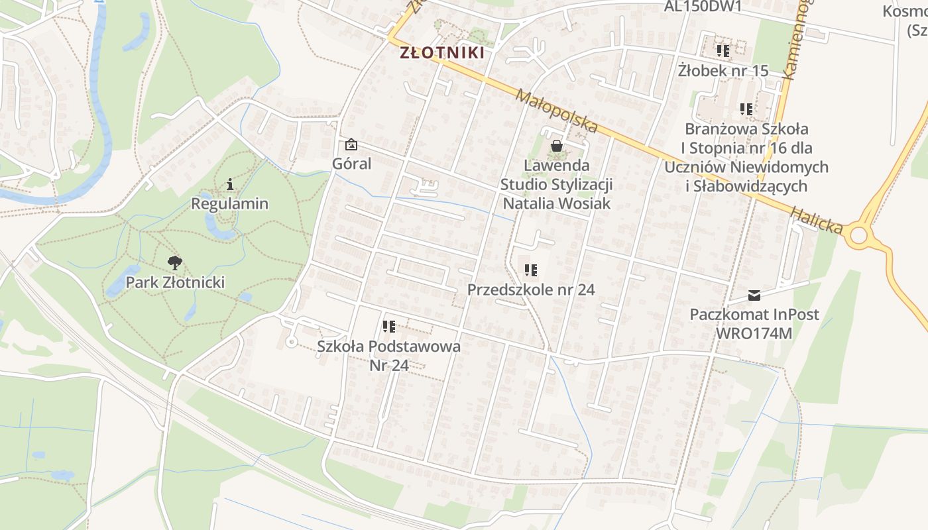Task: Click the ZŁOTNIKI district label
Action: click(442, 53)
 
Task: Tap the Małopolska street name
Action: click(556, 111)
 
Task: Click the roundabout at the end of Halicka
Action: click(859, 235)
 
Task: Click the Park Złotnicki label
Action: click(175, 282)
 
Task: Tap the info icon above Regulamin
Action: click(230, 184)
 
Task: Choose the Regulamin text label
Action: click(230, 203)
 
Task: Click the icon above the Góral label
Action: click(351, 144)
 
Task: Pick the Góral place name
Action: click(352, 164)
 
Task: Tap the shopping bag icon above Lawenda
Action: click(557, 146)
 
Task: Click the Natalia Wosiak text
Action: click(557, 203)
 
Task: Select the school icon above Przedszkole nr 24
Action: click(531, 270)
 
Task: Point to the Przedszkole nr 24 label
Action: click(531, 290)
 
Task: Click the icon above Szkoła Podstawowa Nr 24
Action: click(389, 327)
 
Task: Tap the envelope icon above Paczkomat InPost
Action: click(754, 295)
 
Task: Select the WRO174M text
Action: click(754, 333)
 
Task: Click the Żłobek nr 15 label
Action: click(723, 70)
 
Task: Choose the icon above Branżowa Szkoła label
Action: click(746, 109)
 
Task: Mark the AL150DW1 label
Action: click(703, 7)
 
